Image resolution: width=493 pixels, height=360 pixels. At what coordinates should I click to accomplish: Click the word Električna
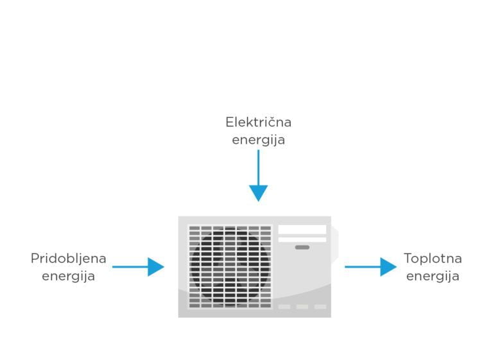click(258, 122)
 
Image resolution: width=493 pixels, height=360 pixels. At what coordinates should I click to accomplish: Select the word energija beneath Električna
click(258, 140)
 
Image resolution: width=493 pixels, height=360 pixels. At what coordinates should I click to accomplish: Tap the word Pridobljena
click(68, 259)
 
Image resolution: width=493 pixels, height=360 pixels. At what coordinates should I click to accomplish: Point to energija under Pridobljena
click(68, 277)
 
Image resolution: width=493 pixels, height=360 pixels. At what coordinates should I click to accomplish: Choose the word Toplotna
click(433, 259)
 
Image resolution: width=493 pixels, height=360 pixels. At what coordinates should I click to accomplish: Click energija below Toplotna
click(433, 277)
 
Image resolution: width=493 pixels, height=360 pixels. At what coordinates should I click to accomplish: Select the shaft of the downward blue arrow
click(258, 167)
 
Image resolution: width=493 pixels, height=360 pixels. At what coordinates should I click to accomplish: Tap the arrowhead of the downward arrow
click(258, 192)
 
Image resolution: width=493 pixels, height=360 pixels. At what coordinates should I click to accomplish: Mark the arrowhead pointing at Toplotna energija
click(388, 267)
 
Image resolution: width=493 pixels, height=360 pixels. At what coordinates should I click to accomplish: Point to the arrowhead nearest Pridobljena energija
click(155, 267)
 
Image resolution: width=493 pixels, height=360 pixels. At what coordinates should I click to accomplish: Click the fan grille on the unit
click(230, 266)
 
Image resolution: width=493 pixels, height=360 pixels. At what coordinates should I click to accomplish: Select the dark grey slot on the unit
click(302, 247)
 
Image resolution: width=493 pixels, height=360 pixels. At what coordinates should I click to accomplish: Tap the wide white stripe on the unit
click(302, 230)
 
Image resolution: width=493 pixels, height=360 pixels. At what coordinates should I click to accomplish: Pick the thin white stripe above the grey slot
click(302, 239)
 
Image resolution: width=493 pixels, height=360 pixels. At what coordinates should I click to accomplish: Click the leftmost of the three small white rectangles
click(284, 307)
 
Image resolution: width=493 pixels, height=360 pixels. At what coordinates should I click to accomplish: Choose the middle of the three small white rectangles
click(302, 307)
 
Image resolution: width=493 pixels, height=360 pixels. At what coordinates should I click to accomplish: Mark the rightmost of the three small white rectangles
click(320, 307)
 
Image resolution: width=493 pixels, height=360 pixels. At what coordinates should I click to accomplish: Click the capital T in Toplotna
click(408, 259)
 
